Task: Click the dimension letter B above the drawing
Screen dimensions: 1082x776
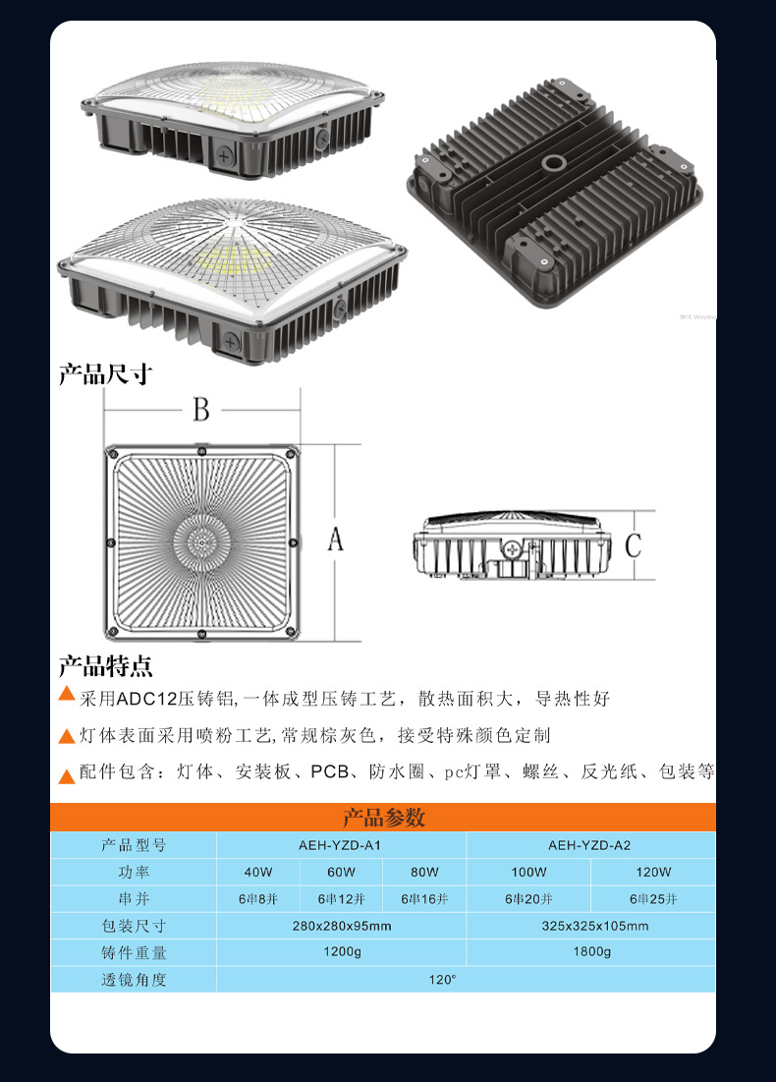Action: tap(201, 410)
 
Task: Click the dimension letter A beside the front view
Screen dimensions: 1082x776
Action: tap(336, 540)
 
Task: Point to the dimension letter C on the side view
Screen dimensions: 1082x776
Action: tap(634, 543)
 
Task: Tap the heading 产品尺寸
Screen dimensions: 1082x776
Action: tap(105, 374)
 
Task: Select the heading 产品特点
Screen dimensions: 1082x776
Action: tap(105, 666)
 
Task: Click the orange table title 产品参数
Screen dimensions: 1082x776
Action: tap(383, 818)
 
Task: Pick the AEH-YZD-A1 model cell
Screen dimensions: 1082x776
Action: tap(340, 845)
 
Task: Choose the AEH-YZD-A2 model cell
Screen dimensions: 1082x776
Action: tap(589, 845)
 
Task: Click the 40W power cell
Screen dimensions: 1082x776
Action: tap(258, 872)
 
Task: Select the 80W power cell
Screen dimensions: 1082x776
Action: tap(424, 872)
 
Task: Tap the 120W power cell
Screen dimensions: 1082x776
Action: tap(652, 872)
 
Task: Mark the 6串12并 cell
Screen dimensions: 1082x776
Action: tap(341, 899)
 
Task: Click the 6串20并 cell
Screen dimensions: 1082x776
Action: tap(528, 899)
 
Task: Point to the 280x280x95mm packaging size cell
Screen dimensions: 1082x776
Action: tap(341, 926)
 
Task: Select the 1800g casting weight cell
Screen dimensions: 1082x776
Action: tap(590, 952)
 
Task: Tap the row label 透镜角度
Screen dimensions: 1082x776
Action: tap(134, 980)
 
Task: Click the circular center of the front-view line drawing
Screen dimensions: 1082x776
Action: tap(201, 540)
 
